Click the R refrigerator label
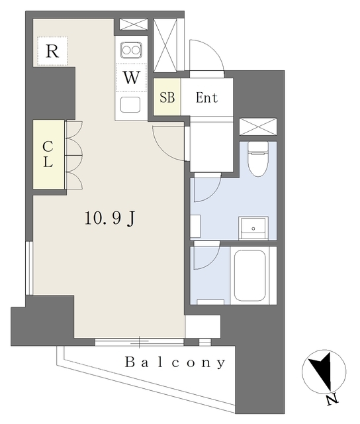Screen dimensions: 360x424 pyautogui.click(x=52, y=52)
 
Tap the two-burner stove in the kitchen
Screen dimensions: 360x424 pyautogui.click(x=131, y=50)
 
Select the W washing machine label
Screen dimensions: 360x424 pyautogui.click(x=132, y=78)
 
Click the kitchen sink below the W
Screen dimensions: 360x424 pyautogui.click(x=130, y=105)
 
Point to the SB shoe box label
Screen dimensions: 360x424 pyautogui.click(x=167, y=97)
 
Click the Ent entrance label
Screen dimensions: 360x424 pyautogui.click(x=206, y=97)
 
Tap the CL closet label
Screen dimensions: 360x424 pyautogui.click(x=48, y=154)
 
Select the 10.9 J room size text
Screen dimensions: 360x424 pyautogui.click(x=109, y=219)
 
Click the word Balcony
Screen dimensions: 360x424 pyautogui.click(x=175, y=362)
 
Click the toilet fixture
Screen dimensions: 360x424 pyautogui.click(x=258, y=159)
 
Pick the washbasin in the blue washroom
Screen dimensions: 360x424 pyautogui.click(x=253, y=228)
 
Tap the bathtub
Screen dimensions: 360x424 pyautogui.click(x=249, y=276)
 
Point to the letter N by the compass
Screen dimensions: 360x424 pyautogui.click(x=332, y=399)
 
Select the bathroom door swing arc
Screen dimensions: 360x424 pyautogui.click(x=206, y=256)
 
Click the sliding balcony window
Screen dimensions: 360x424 pyautogui.click(x=140, y=342)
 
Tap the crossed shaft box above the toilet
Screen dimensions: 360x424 pyautogui.click(x=258, y=127)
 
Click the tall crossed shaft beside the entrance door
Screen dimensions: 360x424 pyautogui.click(x=165, y=45)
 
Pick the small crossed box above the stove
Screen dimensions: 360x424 pyautogui.click(x=134, y=25)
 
